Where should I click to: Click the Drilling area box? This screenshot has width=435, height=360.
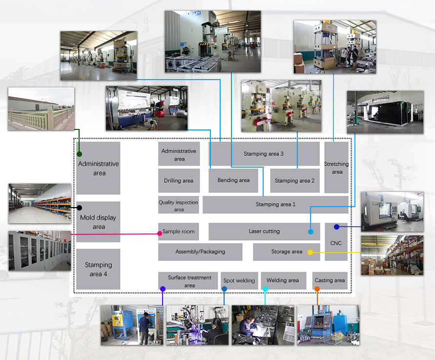(179, 180)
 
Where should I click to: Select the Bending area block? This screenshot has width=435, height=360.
(233, 180)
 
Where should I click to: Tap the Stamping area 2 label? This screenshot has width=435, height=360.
(294, 181)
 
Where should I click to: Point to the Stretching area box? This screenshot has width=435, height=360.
(336, 168)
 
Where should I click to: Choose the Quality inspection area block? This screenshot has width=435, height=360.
(178, 205)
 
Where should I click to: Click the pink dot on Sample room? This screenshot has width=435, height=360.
(160, 233)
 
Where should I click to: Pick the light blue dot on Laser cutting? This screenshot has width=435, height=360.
(311, 232)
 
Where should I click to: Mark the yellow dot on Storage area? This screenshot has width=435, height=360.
(310, 253)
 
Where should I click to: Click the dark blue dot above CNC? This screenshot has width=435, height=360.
(336, 227)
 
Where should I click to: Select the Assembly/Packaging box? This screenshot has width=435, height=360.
(200, 252)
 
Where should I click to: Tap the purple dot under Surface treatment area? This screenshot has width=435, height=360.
(163, 289)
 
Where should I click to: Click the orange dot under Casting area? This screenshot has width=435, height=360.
(317, 289)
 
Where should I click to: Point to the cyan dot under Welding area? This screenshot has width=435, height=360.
(265, 289)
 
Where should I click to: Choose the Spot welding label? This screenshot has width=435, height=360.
(239, 280)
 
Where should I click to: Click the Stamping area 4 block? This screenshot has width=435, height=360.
(98, 269)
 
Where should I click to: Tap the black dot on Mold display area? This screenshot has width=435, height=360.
(80, 208)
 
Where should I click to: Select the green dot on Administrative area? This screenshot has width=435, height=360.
(80, 154)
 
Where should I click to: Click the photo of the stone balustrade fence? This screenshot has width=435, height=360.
(41, 109)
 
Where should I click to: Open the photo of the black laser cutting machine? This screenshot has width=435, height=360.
(385, 112)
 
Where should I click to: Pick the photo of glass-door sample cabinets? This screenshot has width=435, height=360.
(40, 251)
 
